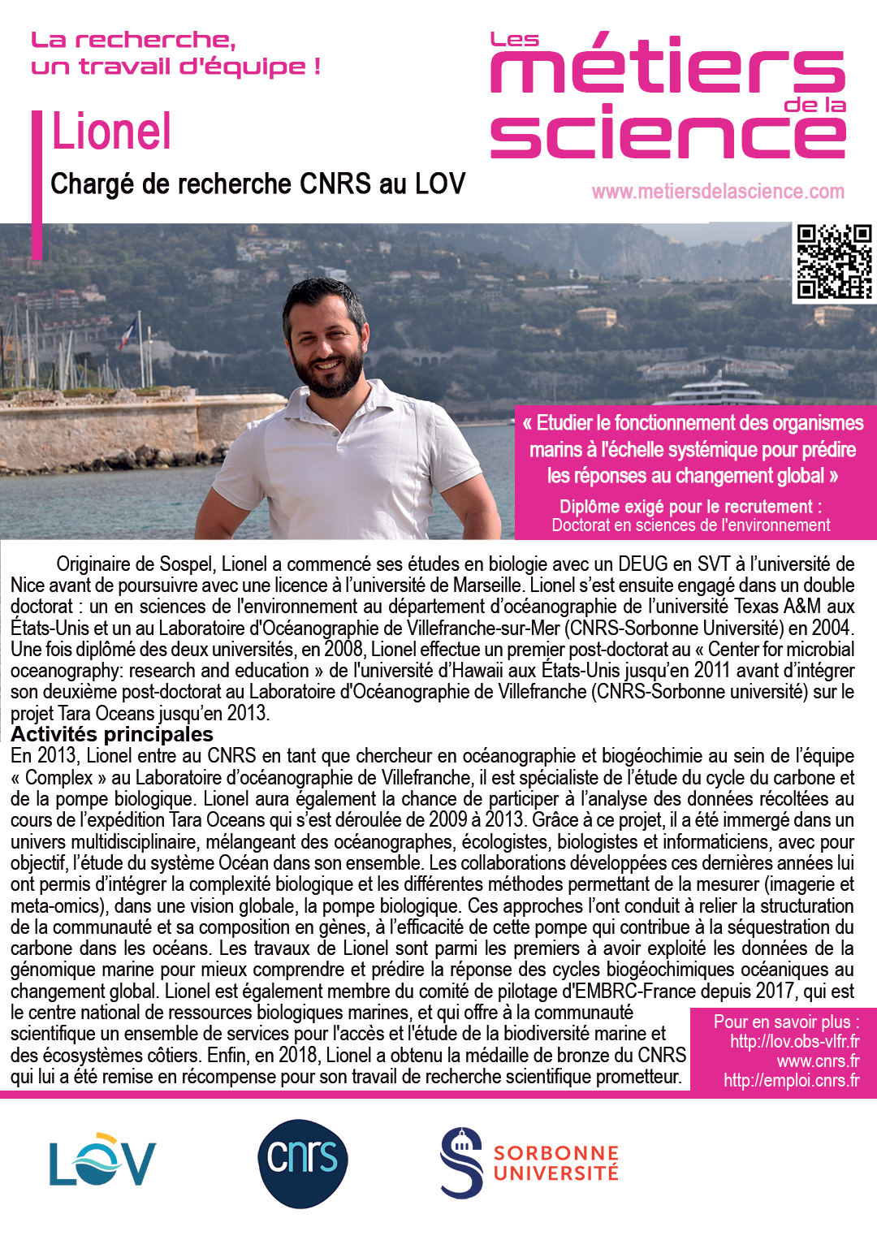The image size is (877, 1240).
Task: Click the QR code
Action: click(x=834, y=261)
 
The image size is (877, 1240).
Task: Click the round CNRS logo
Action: click(x=303, y=1163)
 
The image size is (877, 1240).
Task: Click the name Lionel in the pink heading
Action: click(x=112, y=132)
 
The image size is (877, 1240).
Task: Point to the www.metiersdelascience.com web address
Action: click(x=718, y=192)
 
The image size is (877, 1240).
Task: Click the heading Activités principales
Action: click(x=112, y=734)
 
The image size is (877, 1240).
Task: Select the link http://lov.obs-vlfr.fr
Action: click(x=794, y=1041)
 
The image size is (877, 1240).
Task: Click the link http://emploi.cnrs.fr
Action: click(x=791, y=1080)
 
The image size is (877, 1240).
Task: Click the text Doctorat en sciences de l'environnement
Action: click(x=691, y=525)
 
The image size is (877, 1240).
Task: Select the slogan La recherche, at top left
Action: click(x=133, y=40)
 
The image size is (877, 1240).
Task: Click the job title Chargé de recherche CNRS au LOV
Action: click(x=258, y=184)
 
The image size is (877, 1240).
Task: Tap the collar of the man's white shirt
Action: click(x=357, y=406)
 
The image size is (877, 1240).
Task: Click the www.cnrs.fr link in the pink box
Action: click(x=818, y=1061)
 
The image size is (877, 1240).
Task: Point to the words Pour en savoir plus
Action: click(x=785, y=1022)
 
